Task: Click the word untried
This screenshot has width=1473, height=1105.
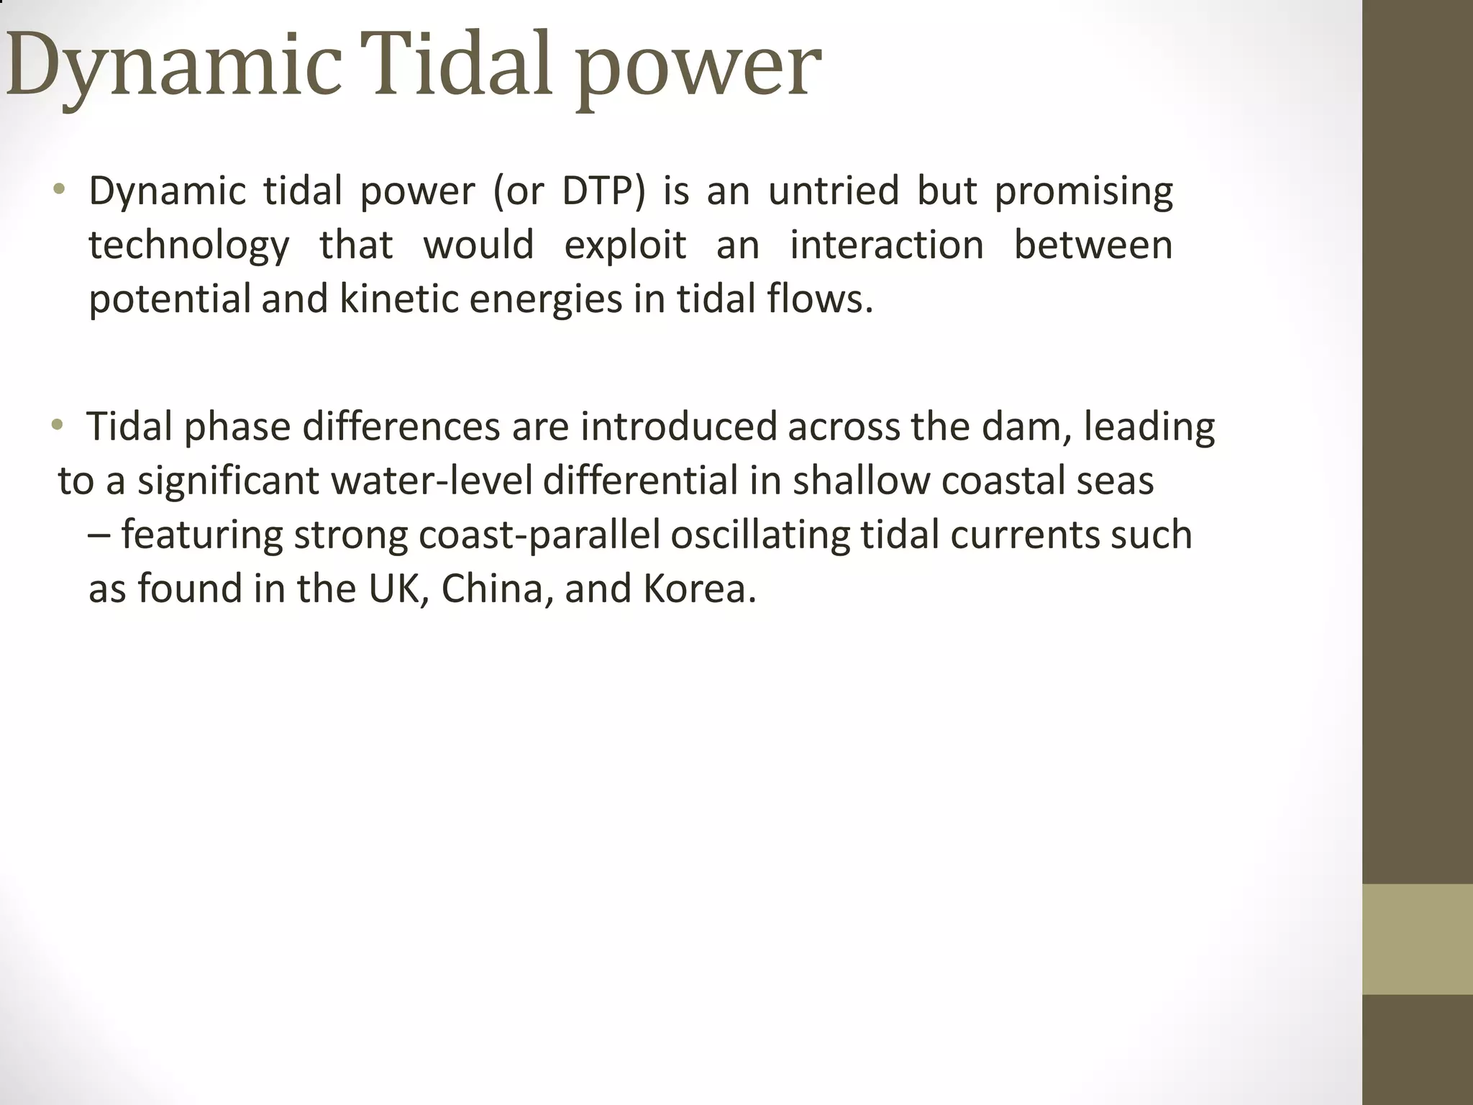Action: pos(834,191)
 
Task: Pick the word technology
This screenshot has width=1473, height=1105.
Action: pos(189,246)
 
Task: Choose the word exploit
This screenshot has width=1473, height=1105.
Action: pos(625,246)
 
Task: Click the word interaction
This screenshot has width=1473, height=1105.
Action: pos(887,245)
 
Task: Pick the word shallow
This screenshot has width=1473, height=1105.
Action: pos(861,481)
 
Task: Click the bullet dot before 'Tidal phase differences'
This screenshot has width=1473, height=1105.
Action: pos(58,424)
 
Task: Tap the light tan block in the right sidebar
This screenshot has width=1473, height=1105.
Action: pos(1418,939)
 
